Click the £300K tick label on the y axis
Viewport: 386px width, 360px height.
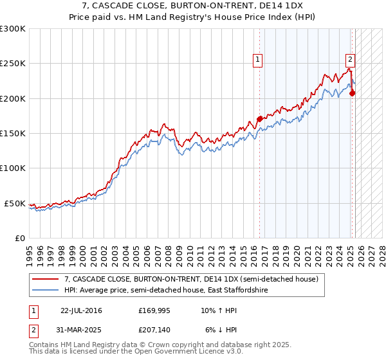coord(12,29)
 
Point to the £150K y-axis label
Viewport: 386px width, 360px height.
coord(12,133)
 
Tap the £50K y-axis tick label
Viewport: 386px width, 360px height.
coord(15,203)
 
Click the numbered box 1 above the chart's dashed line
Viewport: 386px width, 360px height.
coord(257,60)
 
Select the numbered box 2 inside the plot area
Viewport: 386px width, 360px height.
coord(350,60)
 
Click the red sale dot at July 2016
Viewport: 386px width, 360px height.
coord(259,119)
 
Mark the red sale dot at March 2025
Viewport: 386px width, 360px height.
coord(353,93)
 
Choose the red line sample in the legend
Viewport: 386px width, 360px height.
coord(46,280)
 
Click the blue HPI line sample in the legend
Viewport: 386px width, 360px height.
coord(46,291)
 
